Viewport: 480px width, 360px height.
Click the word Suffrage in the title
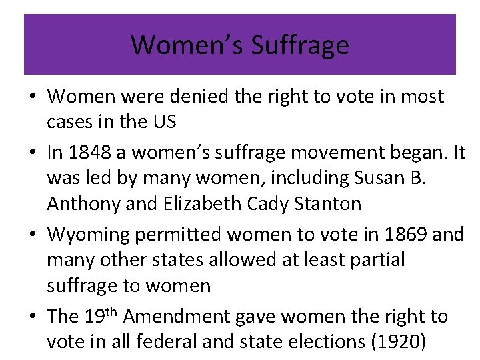(299, 45)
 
